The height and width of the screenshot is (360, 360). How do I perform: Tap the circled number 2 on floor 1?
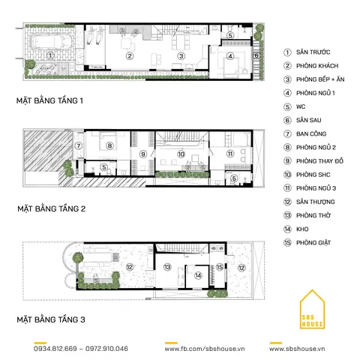129,56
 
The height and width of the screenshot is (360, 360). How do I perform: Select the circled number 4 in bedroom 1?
230,56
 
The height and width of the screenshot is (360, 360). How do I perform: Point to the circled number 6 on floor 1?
256,55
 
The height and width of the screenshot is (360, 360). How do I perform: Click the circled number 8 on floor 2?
109,146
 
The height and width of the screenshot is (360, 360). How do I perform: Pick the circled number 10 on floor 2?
181,154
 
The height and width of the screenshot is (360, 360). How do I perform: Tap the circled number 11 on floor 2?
230,154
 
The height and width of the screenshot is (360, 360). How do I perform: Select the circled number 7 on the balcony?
78,146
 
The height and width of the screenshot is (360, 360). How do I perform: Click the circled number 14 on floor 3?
197,275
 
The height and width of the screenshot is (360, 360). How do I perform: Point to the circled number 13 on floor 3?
168,267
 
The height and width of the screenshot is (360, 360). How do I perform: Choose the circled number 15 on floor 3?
220,266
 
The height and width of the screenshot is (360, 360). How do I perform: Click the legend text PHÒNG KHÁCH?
316,66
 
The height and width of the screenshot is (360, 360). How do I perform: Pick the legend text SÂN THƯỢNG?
316,202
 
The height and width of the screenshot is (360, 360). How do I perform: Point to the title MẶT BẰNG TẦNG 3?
51,321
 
